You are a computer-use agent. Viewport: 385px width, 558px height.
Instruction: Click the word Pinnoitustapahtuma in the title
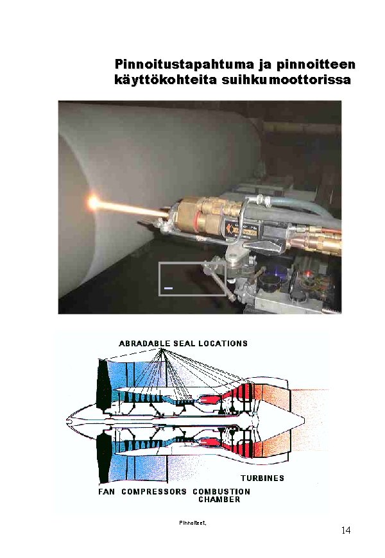[x=184, y=64]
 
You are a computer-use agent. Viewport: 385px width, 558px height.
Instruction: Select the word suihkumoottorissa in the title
[x=286, y=80]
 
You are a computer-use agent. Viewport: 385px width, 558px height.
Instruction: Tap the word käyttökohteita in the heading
[x=166, y=80]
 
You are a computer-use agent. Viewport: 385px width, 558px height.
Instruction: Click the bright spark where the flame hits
[x=93, y=203]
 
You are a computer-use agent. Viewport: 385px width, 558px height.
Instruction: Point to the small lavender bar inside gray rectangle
[x=169, y=287]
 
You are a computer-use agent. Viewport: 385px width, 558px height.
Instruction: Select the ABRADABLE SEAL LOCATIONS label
[x=183, y=343]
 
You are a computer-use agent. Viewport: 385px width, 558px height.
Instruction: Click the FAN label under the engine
[x=107, y=491]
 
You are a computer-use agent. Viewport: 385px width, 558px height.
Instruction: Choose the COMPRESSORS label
[x=154, y=491]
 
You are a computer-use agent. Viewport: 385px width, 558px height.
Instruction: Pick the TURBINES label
[x=262, y=478]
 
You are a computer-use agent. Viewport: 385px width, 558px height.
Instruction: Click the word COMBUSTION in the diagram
[x=221, y=491]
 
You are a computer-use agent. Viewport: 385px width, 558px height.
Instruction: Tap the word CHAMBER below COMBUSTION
[x=219, y=499]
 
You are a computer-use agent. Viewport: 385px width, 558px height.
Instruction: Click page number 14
[x=346, y=530]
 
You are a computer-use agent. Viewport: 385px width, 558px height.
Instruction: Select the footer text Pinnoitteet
[x=193, y=523]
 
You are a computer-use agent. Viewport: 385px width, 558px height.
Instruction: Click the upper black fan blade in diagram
[x=102, y=384]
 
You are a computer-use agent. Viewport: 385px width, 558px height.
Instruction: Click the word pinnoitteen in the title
[x=316, y=64]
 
